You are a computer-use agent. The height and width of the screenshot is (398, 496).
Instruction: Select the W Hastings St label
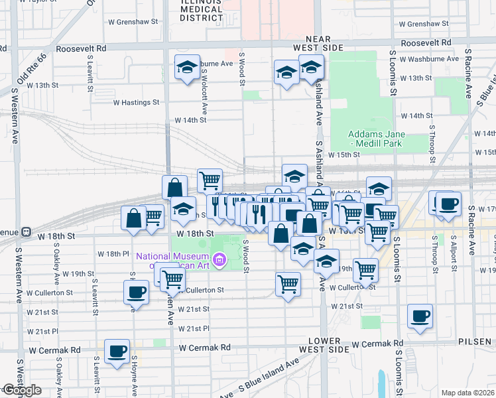click(137, 102)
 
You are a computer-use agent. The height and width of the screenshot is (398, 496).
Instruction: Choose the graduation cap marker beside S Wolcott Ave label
click(188, 67)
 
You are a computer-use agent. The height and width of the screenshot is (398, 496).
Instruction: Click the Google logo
click(21, 390)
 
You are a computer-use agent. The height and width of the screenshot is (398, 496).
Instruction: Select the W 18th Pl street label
click(112, 254)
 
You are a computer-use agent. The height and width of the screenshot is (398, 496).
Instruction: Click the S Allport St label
click(454, 249)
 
